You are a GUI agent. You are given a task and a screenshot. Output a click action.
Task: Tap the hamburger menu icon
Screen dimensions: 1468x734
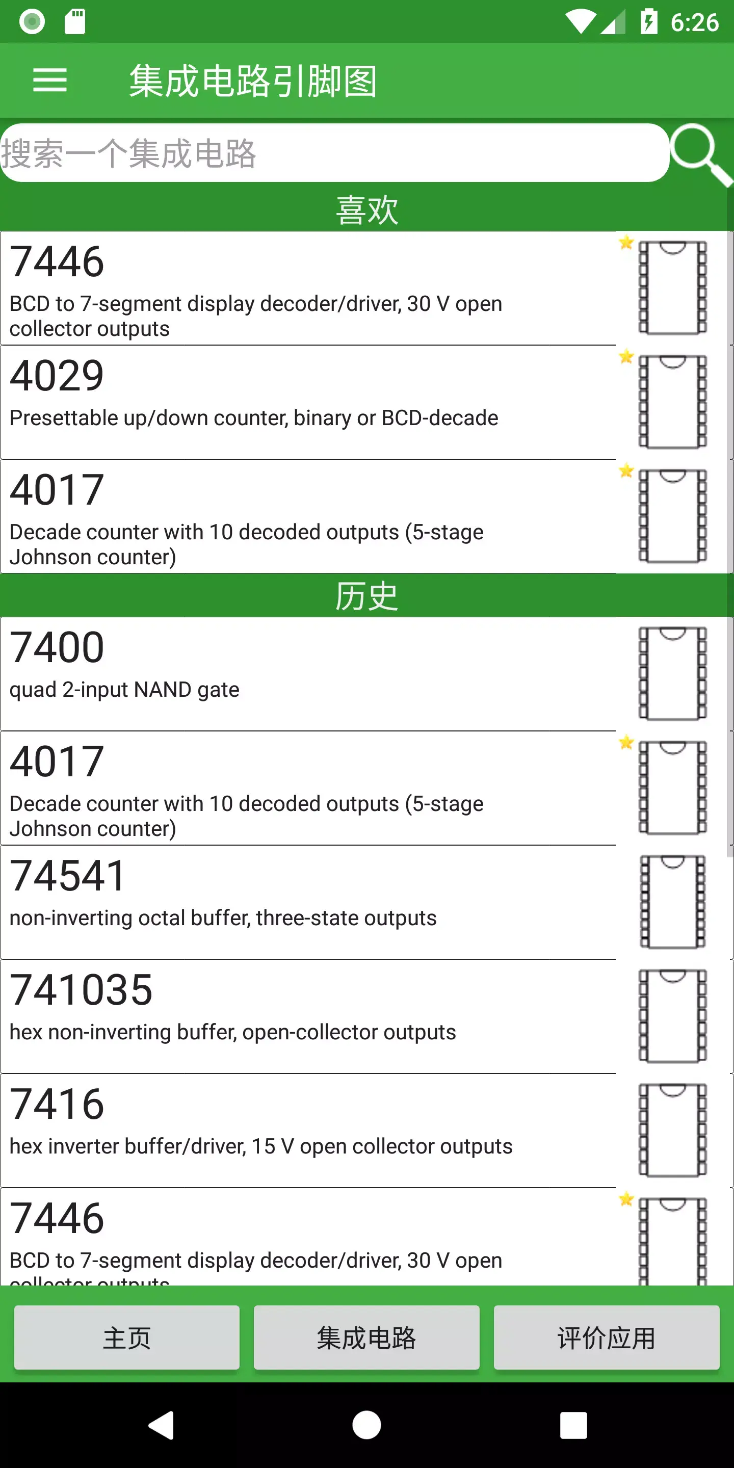50,80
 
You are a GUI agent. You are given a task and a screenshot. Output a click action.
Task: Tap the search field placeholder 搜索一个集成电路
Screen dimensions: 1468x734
129,154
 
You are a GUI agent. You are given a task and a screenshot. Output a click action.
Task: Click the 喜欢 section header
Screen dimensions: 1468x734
366,209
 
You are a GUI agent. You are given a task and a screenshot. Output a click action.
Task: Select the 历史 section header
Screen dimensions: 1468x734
366,596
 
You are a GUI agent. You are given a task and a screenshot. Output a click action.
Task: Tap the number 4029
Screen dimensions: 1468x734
57,376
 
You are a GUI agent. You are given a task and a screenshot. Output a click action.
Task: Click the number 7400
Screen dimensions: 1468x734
57,647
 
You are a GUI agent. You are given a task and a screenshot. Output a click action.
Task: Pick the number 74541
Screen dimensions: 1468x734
68,876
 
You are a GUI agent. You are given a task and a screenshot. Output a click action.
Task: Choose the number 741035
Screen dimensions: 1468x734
82,990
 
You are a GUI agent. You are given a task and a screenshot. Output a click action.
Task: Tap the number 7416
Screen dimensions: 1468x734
57,1104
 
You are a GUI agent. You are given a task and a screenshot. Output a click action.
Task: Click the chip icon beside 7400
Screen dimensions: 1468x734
672,673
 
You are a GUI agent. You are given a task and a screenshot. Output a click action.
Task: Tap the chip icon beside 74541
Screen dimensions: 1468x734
672,902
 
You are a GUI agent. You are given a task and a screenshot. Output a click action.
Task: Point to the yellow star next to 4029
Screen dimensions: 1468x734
626,357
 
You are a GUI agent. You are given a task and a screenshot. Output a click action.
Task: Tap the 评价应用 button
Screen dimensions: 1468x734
607,1338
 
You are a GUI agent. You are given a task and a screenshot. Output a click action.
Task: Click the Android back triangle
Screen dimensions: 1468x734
162,1425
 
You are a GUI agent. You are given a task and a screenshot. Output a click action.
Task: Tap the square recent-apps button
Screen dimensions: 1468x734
573,1425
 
